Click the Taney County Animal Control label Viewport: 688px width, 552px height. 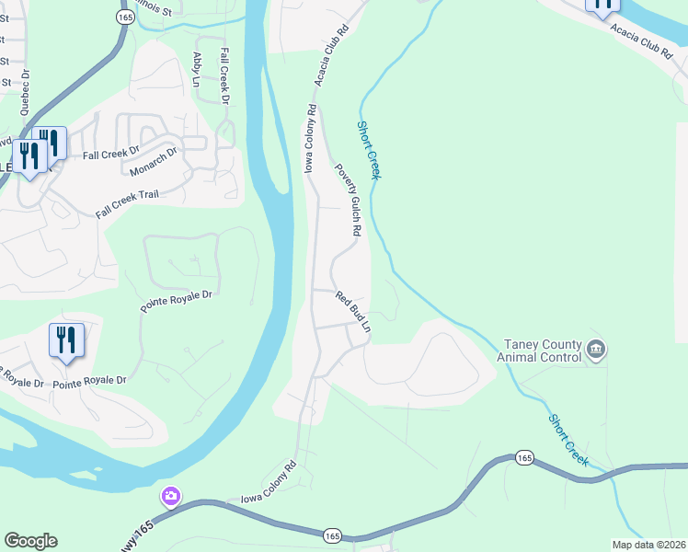point(540,350)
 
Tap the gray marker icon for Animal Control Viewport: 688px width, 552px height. point(595,350)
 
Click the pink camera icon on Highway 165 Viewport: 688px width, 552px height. point(170,498)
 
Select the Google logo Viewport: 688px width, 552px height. point(30,541)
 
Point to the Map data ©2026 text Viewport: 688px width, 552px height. point(649,545)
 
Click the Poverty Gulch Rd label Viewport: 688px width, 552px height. point(349,201)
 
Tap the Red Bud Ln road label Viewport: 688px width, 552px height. point(354,312)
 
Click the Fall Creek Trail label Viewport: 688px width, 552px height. point(128,204)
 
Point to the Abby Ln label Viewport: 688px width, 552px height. point(196,69)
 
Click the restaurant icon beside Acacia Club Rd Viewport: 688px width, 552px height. point(602,6)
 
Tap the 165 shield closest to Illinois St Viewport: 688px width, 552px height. point(125,17)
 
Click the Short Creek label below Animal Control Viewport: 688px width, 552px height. point(568,439)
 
